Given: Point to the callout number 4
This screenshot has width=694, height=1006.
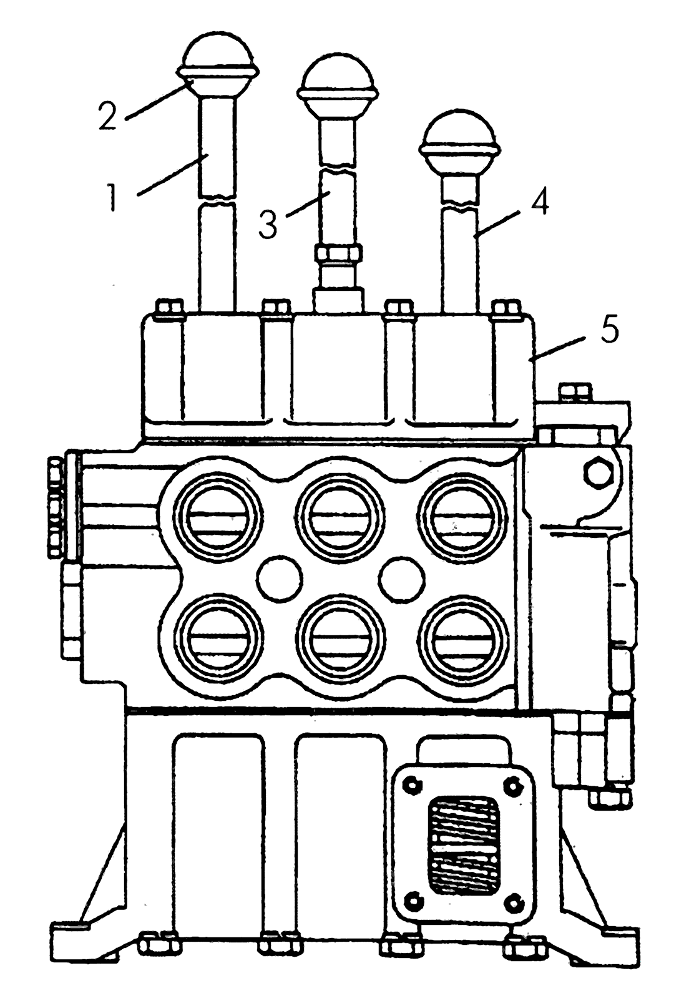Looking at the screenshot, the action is click(539, 200).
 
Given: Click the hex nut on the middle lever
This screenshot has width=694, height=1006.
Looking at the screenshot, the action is click(338, 252).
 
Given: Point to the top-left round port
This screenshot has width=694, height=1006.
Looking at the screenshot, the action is click(218, 517).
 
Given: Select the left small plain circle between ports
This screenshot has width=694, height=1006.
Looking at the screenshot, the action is click(278, 579).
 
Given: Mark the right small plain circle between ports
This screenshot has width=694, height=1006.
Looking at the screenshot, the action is click(401, 579).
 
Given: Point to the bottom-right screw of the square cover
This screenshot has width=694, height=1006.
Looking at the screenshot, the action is click(515, 899).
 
